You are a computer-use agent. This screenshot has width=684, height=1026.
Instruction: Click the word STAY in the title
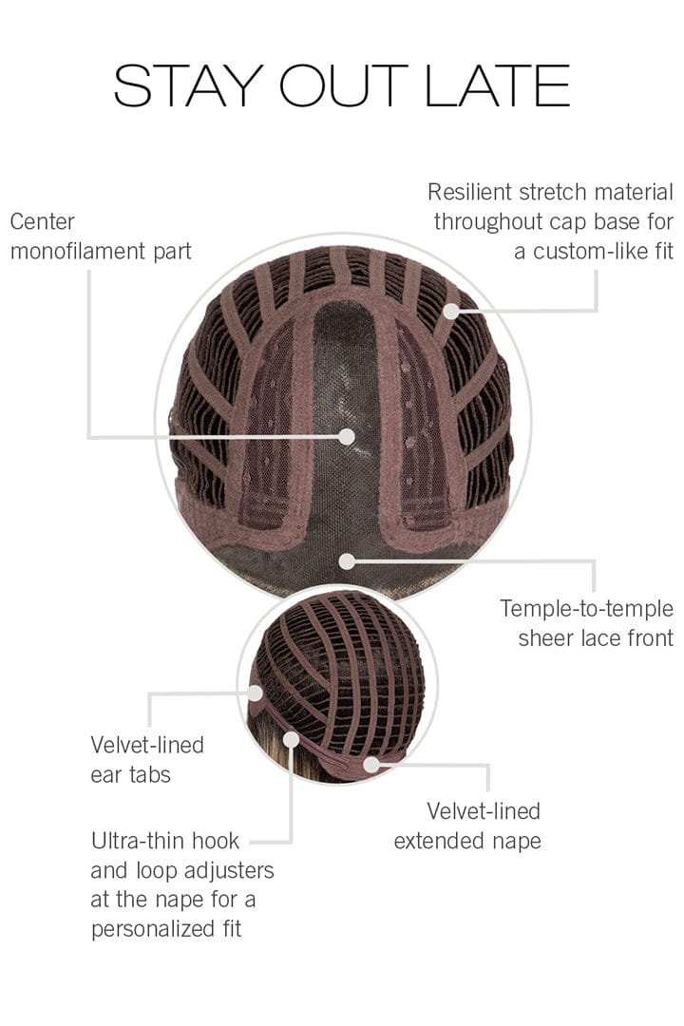(x=189, y=85)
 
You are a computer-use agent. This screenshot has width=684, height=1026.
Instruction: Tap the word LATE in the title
(x=498, y=85)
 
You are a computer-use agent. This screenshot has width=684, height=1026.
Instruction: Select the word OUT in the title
(x=344, y=85)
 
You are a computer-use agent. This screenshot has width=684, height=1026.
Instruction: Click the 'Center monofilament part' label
(x=101, y=237)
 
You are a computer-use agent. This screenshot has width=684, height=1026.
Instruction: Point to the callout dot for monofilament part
(x=347, y=436)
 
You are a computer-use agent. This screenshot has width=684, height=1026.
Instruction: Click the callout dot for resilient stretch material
(x=451, y=312)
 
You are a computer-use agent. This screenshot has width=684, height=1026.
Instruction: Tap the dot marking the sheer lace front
(x=347, y=560)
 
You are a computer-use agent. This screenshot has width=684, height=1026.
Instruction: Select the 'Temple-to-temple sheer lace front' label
(x=586, y=623)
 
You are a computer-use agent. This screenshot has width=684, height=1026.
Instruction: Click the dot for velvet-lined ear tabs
(x=256, y=693)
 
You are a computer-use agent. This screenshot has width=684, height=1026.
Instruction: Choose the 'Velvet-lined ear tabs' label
(x=147, y=760)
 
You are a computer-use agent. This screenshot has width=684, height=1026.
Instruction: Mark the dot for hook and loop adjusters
(x=292, y=739)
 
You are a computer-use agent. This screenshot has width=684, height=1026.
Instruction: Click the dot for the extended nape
(x=371, y=764)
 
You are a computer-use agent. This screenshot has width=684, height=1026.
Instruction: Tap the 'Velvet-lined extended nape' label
(x=467, y=826)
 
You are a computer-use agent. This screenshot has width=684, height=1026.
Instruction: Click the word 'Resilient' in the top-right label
(x=470, y=192)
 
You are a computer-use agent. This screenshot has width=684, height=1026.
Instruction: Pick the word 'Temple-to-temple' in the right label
(x=586, y=609)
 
